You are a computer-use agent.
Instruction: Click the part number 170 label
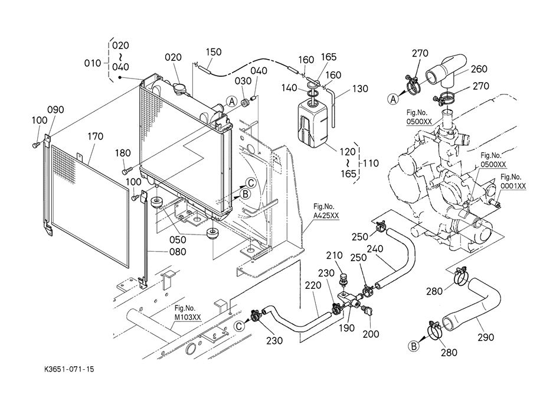[x=96, y=137]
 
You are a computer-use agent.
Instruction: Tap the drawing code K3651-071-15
[x=68, y=369]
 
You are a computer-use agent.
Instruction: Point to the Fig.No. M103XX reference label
[x=188, y=312]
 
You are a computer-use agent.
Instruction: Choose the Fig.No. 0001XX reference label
[x=512, y=181]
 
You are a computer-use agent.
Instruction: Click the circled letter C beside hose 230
[x=239, y=325]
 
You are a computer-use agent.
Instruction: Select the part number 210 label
[x=334, y=255]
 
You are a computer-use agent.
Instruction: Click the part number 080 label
[x=178, y=252]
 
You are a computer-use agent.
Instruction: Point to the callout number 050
[x=178, y=240]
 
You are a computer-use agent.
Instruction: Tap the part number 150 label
[x=214, y=52]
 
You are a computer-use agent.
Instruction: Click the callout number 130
[x=360, y=89]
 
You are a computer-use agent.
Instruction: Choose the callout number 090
[x=55, y=110]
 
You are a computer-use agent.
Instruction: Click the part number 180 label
[x=123, y=153]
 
